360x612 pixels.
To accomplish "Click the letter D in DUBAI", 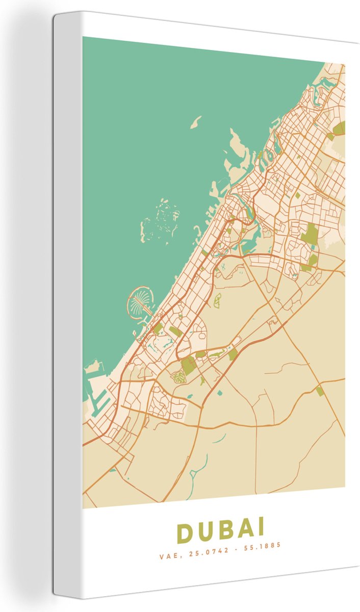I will tap(185, 533).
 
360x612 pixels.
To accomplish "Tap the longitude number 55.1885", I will tap(265, 546).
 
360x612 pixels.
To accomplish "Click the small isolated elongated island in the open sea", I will tap(196, 122).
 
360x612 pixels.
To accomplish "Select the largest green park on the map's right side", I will tap(309, 235).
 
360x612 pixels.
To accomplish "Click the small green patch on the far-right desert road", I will tap(320, 391).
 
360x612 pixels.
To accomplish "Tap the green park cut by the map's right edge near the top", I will tap(340, 127).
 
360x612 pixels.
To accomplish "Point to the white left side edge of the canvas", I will tap(60, 306).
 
